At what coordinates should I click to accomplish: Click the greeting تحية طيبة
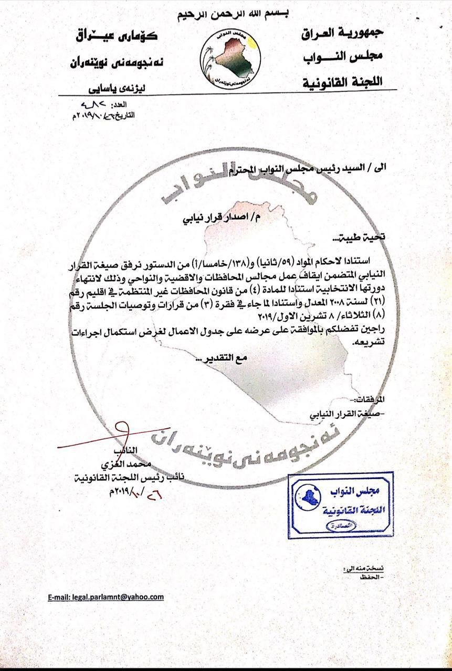point(366,237)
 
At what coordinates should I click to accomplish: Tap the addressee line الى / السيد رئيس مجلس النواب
point(283,168)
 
